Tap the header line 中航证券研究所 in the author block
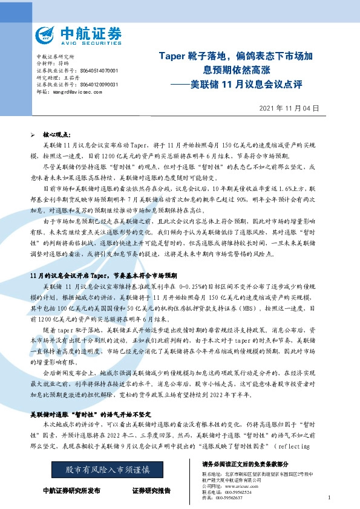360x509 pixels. coord(56,56)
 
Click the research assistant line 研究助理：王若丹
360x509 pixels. coord(59,77)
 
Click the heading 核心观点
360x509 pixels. coord(56,137)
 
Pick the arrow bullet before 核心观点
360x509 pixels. coord(33,137)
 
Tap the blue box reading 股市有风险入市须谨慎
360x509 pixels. coord(108,469)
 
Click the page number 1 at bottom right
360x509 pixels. coord(328,497)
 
